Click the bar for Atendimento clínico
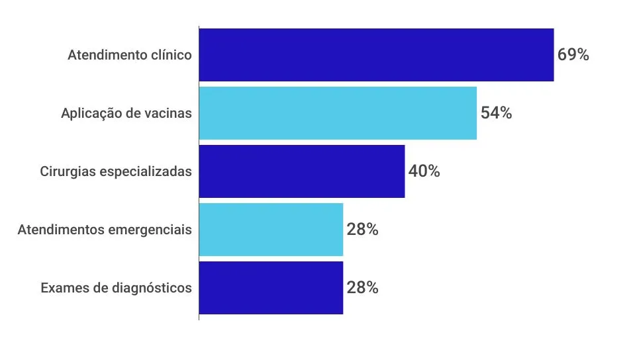(376, 55)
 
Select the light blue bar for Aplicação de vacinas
(338, 113)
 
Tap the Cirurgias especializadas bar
(302, 171)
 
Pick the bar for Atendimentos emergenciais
(271, 230)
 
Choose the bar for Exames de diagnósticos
(271, 288)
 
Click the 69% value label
(573, 55)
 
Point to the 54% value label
(496, 113)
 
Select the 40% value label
(424, 171)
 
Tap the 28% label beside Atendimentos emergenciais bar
(362, 230)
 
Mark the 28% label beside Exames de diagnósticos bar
(362, 288)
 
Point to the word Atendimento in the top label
(106, 55)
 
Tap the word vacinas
(170, 113)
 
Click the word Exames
(62, 288)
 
